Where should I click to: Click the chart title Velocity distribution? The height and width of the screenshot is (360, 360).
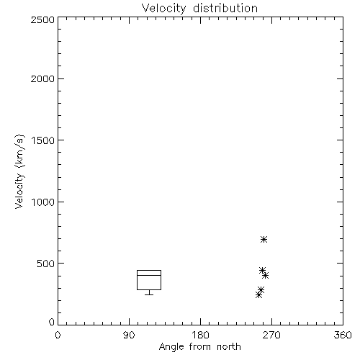199,9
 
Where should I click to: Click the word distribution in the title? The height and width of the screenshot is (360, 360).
225,8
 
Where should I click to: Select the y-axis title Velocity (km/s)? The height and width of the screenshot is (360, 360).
19,172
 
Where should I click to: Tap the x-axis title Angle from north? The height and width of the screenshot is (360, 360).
199,347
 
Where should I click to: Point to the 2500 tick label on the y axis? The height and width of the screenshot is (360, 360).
42,20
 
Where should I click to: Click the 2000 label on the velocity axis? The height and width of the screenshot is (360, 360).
42,78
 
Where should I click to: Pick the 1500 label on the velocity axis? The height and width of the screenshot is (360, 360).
43,140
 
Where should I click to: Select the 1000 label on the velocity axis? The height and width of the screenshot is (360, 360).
43,202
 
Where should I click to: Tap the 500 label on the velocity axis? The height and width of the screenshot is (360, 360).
46,264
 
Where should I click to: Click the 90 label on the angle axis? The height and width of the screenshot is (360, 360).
129,335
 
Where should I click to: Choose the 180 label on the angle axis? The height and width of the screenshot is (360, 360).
200,335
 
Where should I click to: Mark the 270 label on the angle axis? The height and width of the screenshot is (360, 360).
271,335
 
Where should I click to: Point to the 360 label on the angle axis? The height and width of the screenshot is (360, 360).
343,335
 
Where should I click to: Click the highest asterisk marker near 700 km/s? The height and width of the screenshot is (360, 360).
264,239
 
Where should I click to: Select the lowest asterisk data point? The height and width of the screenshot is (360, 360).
258,294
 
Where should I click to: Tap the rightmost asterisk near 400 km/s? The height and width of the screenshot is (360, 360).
265,275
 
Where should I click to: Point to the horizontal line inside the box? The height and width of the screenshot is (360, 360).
149,275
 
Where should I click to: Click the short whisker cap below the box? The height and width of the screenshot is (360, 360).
149,294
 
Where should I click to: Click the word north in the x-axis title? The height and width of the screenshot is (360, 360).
229,347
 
